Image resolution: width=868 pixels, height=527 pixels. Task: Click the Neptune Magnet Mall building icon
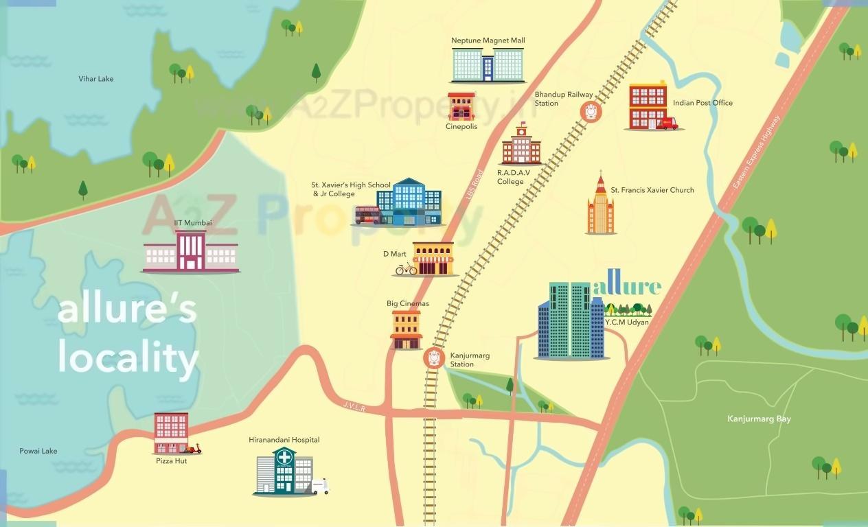tap(488, 65)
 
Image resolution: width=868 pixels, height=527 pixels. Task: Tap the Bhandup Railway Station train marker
tap(591, 111)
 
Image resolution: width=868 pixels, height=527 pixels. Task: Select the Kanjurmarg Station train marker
tap(433, 357)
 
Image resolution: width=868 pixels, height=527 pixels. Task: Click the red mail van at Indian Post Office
tap(666, 123)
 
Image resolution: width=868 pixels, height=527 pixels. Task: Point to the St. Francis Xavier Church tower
tap(601, 206)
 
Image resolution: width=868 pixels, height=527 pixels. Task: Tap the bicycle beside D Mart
tap(406, 269)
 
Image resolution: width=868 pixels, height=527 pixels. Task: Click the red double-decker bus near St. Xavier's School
tap(367, 215)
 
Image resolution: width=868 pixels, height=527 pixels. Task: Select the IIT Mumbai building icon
tap(190, 251)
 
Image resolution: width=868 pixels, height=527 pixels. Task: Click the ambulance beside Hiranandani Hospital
tap(320, 487)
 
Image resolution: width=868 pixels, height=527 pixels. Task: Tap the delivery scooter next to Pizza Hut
tap(194, 448)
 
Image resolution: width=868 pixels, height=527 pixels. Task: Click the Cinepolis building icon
tap(461, 106)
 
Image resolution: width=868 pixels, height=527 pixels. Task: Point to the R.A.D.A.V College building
tap(521, 146)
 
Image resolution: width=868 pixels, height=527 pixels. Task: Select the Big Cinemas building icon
tap(406, 329)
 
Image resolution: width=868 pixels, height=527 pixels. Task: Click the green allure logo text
tap(627, 286)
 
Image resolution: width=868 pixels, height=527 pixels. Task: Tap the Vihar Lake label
tap(96, 79)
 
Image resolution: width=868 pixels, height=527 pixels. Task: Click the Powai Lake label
tap(38, 451)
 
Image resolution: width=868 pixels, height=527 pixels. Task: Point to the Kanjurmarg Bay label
tap(759, 419)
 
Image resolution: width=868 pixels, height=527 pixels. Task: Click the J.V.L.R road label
tap(354, 406)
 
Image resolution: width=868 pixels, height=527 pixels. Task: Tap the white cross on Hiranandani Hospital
tap(284, 458)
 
